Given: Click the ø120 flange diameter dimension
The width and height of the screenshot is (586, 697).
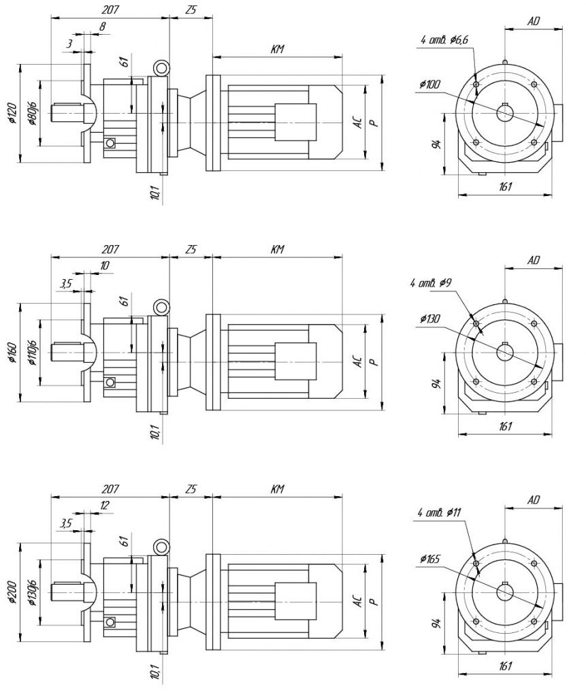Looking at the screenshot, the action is (12, 114).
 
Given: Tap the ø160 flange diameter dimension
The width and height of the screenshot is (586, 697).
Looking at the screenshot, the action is (12, 353).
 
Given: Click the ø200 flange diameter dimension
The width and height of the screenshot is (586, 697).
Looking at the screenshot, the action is (12, 593).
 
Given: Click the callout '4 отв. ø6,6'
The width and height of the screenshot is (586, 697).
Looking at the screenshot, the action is (444, 40).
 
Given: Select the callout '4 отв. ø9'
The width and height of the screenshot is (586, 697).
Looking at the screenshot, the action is (432, 282).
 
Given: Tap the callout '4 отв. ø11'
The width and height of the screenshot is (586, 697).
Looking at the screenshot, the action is (439, 513).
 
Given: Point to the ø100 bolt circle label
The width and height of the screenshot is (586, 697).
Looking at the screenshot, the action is (430, 84).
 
